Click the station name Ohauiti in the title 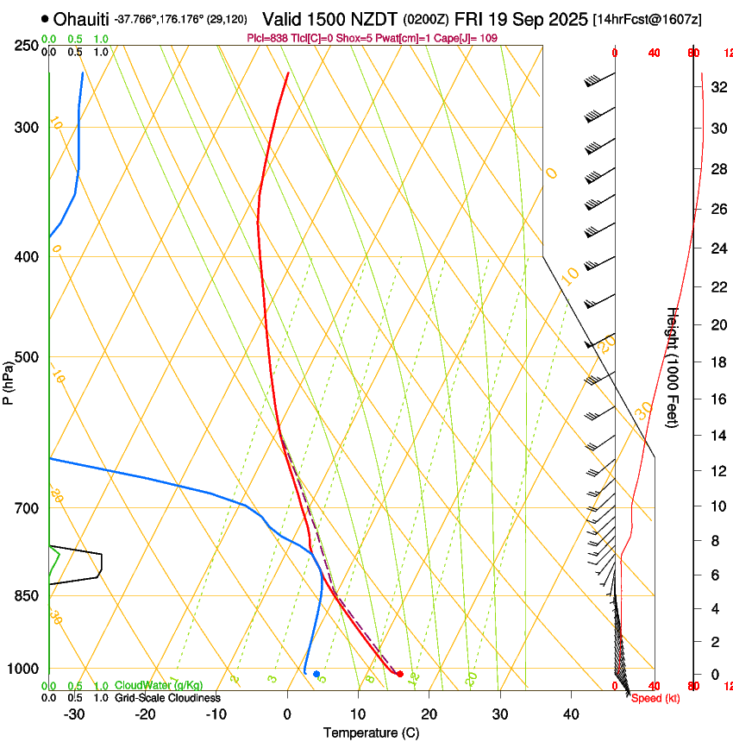pyautogui.click(x=82, y=19)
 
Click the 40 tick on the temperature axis pyautogui.click(x=570, y=714)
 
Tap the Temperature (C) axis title pyautogui.click(x=370, y=733)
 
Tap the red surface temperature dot pyautogui.click(x=399, y=674)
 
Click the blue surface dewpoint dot pyautogui.click(x=316, y=674)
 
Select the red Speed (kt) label pyautogui.click(x=655, y=698)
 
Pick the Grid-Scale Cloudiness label pyautogui.click(x=167, y=698)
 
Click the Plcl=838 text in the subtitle pyautogui.click(x=266, y=38)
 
